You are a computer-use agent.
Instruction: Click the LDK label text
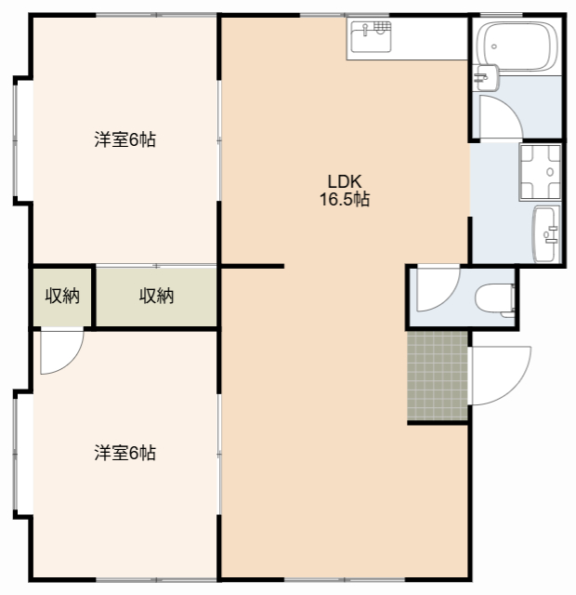[x=345, y=182]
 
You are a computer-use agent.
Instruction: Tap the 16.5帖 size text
[x=345, y=199]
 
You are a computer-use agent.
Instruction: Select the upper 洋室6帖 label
[x=124, y=139]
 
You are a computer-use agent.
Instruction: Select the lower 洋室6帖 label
[x=124, y=453]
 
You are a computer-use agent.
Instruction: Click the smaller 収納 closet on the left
[x=62, y=297]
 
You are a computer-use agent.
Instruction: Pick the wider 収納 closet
[x=156, y=297]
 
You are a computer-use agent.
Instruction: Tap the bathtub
[x=517, y=46]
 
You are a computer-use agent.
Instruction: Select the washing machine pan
[x=541, y=172]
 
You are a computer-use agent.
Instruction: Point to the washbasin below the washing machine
[x=546, y=233]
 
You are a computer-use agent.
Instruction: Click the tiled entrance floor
[x=438, y=376]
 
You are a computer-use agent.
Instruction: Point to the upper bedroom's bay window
[x=15, y=140]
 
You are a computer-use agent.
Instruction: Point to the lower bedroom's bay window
[x=15, y=454]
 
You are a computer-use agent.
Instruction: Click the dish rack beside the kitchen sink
[x=382, y=27]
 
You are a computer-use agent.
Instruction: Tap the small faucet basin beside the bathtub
[x=486, y=77]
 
